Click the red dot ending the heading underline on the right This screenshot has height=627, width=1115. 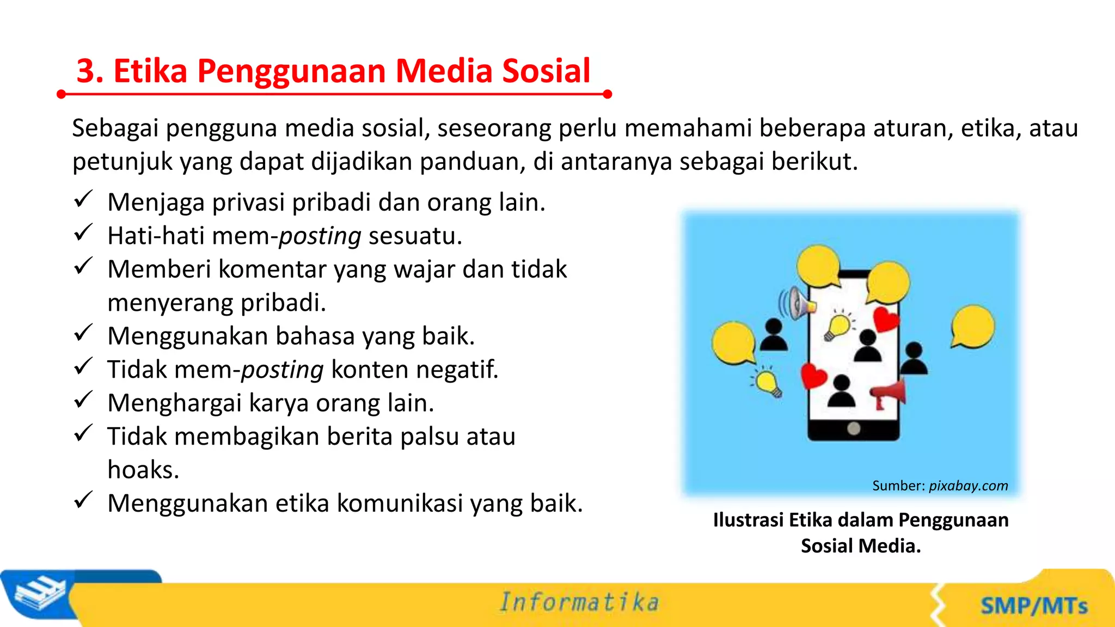[608, 94]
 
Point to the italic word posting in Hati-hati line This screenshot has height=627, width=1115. [320, 237]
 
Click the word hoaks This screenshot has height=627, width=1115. [143, 470]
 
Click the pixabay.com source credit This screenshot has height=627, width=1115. [968, 485]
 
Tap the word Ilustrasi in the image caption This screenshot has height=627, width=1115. [748, 520]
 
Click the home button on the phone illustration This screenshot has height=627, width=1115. [854, 429]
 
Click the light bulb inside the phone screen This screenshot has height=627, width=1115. [838, 326]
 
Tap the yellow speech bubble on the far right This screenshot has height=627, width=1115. [972, 327]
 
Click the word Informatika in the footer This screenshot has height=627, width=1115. [579, 603]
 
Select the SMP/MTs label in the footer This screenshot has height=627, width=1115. [1034, 606]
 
